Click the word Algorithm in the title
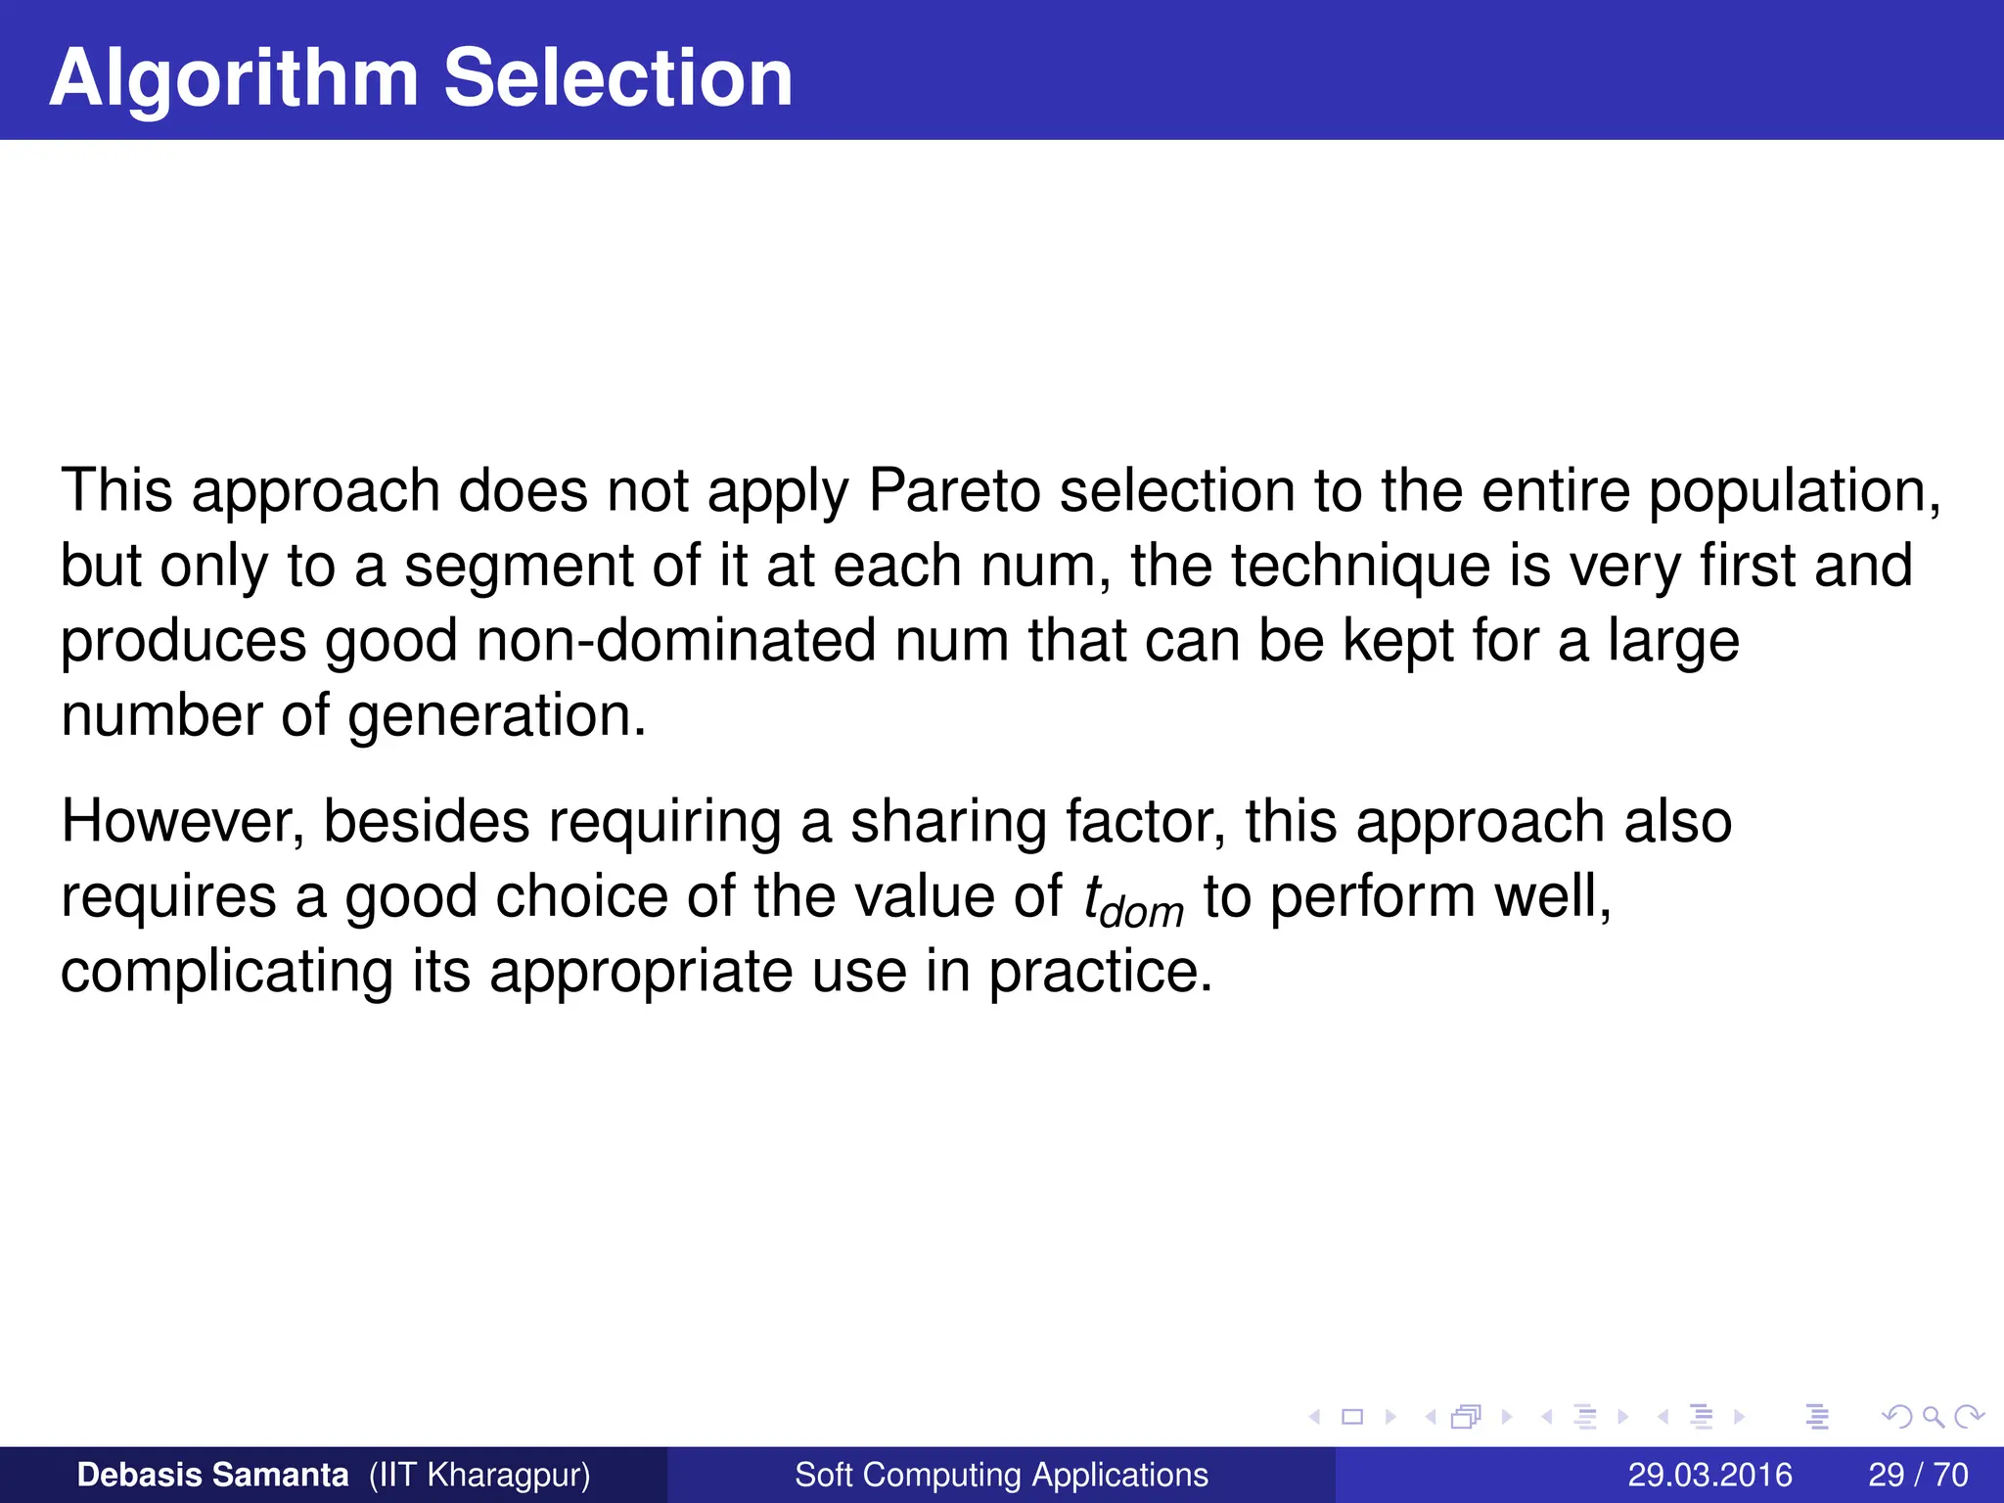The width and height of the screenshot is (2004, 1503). click(x=234, y=78)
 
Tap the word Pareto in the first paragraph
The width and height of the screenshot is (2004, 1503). click(x=954, y=490)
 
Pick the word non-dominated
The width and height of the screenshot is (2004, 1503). click(x=676, y=641)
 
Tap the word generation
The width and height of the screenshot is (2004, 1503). click(x=497, y=716)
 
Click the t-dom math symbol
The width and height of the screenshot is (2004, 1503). click(x=1133, y=900)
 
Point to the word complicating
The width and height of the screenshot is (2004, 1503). click(x=227, y=973)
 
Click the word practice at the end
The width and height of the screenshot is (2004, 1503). click(x=1100, y=973)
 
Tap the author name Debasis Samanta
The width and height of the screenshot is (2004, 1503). click(x=212, y=1475)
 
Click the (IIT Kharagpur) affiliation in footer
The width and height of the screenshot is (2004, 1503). click(x=479, y=1475)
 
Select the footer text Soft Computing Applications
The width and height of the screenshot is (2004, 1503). click(x=1001, y=1475)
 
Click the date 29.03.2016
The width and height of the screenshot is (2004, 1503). click(x=1709, y=1475)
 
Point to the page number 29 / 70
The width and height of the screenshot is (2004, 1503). click(x=1918, y=1475)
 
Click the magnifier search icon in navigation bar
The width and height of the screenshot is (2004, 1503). click(x=1933, y=1416)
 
